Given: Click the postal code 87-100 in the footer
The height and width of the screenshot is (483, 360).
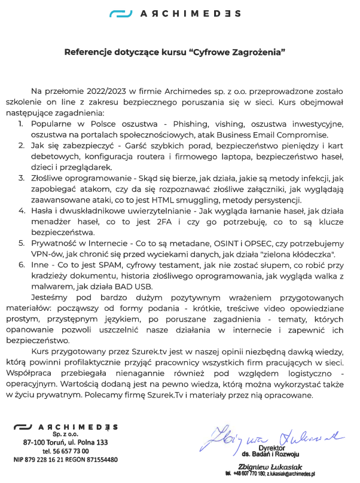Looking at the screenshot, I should [x=33, y=442].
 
